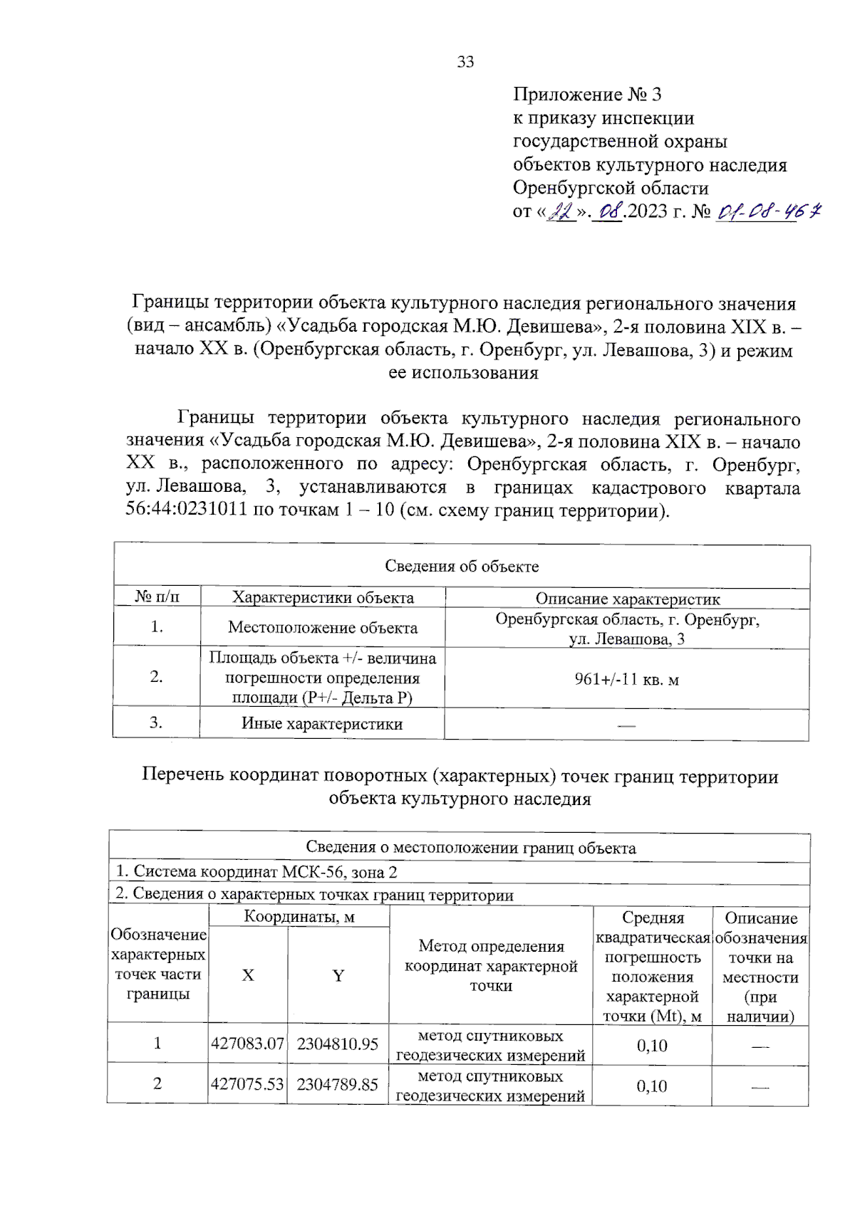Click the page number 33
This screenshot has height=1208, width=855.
[x=465, y=62]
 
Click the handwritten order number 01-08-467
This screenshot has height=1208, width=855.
[x=769, y=211]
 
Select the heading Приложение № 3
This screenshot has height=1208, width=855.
[x=587, y=94]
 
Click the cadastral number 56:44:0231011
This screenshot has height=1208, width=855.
[x=186, y=510]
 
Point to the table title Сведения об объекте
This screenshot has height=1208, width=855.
[x=462, y=566]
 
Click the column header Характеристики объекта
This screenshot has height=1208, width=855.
[x=323, y=597]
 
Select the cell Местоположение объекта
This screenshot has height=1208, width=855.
[x=323, y=627]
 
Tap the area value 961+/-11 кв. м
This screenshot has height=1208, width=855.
[x=626, y=679]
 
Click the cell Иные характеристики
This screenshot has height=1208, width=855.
[x=322, y=724]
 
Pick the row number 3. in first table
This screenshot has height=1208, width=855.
[x=156, y=723]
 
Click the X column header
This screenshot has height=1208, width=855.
[x=248, y=975]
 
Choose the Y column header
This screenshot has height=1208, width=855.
[x=338, y=975]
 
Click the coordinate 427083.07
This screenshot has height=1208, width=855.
[x=247, y=1044]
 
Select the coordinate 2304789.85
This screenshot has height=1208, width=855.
[x=337, y=1084]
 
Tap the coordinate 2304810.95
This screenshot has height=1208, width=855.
[x=337, y=1044]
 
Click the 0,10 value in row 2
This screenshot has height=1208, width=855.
[x=651, y=1086]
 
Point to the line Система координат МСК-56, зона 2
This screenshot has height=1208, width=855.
[x=256, y=872]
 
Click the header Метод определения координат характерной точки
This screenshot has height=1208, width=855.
[x=491, y=966]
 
